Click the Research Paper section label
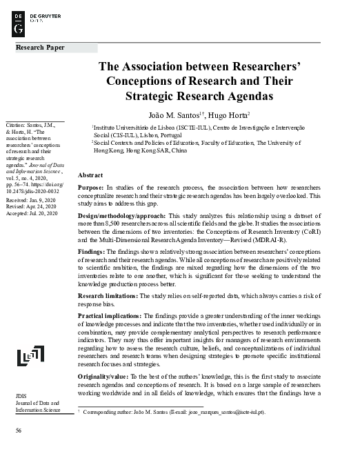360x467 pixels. [x=40, y=48]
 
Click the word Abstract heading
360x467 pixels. [x=90, y=177]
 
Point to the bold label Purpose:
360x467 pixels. [x=92, y=188]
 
